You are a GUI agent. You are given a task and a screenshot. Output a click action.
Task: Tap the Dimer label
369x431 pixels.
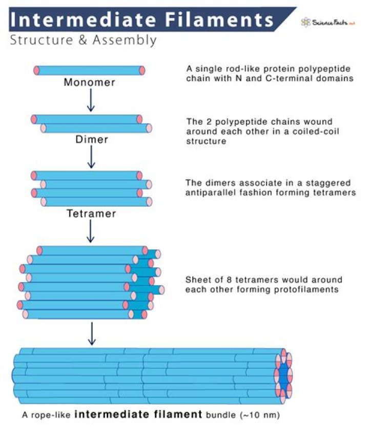click(x=91, y=139)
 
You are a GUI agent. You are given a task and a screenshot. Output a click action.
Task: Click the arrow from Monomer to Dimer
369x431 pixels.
click(x=91, y=100)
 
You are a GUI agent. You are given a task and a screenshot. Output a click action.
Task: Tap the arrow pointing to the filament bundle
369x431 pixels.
click(x=91, y=334)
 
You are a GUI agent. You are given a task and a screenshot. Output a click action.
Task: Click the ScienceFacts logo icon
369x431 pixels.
click(x=306, y=22)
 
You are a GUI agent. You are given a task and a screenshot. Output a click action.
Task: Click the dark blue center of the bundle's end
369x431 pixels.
click(x=284, y=375)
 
